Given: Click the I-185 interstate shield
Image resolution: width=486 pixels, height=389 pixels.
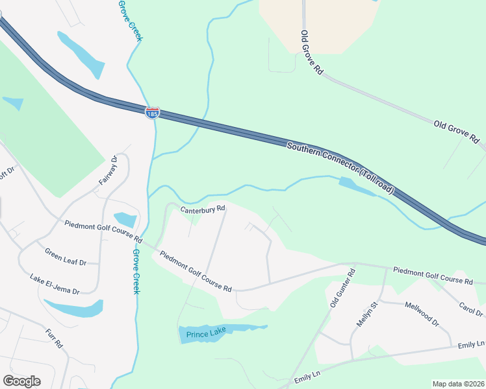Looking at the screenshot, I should [152, 113].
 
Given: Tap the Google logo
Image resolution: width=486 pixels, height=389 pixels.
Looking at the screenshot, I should [21, 381].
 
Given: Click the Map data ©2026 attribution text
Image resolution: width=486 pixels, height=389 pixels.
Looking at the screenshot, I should [458, 384].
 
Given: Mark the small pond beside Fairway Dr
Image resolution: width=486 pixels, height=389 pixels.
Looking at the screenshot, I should [125, 220].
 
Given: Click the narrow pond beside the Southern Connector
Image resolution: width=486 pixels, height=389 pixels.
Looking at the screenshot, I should [356, 186].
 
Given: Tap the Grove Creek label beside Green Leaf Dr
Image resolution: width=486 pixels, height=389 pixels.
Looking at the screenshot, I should [136, 271].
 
